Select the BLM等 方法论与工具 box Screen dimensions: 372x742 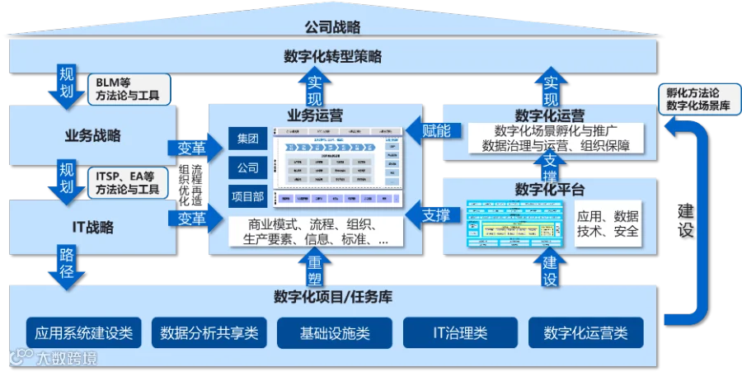point(128,90)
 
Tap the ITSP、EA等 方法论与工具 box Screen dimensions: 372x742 point(128,182)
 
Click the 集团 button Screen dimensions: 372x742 point(247,138)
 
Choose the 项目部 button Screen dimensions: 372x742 point(247,196)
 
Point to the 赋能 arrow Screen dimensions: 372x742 point(434,130)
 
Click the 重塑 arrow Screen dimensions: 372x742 point(315,267)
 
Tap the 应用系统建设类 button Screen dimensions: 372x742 point(84,333)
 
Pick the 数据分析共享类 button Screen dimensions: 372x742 point(209,333)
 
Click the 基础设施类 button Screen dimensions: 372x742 point(335,333)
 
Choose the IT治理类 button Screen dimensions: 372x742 point(460,333)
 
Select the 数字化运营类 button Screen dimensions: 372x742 point(585,333)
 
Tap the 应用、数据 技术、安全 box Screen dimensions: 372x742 point(608,224)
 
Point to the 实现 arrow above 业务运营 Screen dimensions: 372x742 point(315,87)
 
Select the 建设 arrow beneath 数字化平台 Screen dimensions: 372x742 point(550,270)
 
